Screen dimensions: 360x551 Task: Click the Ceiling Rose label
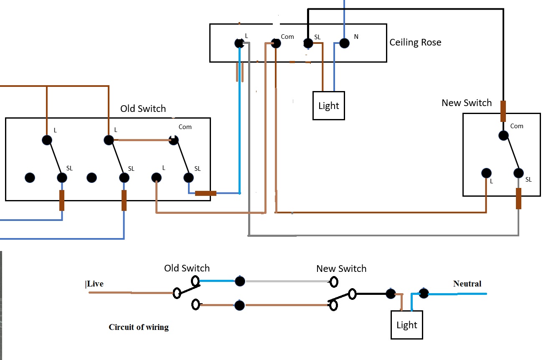pyautogui.click(x=415, y=42)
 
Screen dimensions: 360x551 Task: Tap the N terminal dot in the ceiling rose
pyautogui.click(x=344, y=43)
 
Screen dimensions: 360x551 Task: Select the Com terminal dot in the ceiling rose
pyautogui.click(x=275, y=43)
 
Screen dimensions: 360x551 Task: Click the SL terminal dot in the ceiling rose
pyautogui.click(x=308, y=43)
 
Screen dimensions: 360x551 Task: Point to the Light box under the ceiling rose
pyautogui.click(x=329, y=106)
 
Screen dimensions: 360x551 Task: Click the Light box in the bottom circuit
pyautogui.click(x=407, y=325)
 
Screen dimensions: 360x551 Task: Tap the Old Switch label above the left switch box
pyautogui.click(x=143, y=109)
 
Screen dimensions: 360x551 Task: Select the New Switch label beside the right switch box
pyautogui.click(x=467, y=103)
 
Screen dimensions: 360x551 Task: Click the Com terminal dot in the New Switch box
pyautogui.click(x=503, y=135)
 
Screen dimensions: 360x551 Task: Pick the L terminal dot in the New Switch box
pyautogui.click(x=486, y=173)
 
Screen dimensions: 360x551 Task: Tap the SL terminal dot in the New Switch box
pyautogui.click(x=518, y=173)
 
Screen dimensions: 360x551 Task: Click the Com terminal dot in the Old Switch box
pyautogui.click(x=173, y=140)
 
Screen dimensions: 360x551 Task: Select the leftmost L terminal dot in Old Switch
pyautogui.click(x=47, y=140)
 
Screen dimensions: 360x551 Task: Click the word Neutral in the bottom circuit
pyautogui.click(x=467, y=284)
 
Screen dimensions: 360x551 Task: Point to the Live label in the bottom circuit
pyautogui.click(x=94, y=284)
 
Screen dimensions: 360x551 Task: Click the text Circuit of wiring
pyautogui.click(x=139, y=327)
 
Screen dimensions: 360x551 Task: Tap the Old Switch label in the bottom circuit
pyautogui.click(x=187, y=268)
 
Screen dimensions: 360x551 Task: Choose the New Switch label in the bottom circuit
pyautogui.click(x=341, y=269)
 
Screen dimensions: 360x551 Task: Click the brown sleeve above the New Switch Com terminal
pyautogui.click(x=503, y=111)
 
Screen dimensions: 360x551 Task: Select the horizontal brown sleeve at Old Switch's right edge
pyautogui.click(x=206, y=193)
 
